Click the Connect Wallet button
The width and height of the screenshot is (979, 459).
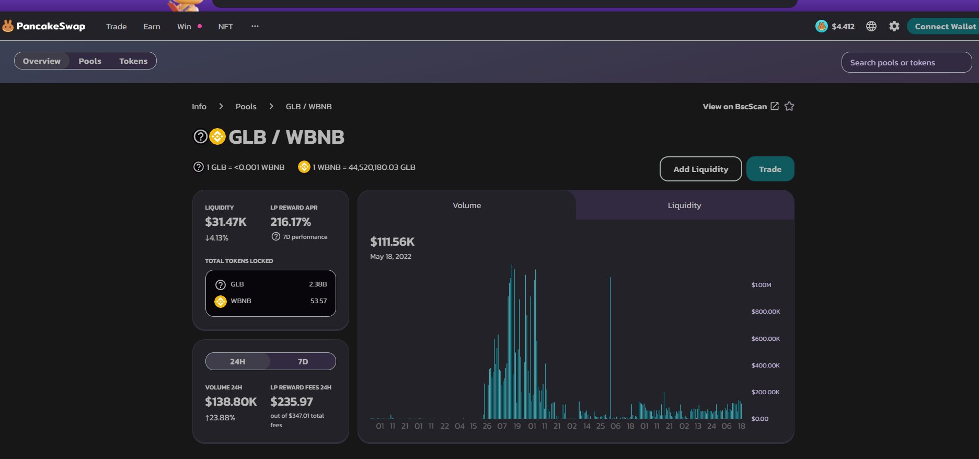coord(944,27)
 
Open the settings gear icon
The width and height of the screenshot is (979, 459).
coord(894,26)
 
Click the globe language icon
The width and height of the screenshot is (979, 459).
coord(871,26)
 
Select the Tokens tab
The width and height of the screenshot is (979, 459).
coord(133,61)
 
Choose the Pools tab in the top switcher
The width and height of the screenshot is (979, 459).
coord(90,61)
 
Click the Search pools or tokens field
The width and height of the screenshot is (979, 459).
coord(906,63)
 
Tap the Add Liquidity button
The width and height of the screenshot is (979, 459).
coord(700,169)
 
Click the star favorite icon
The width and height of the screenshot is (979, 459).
coord(789,106)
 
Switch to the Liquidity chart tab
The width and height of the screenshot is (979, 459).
coord(684,205)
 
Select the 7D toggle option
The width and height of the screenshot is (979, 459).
coord(303,362)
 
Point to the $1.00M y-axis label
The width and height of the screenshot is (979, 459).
coord(761,285)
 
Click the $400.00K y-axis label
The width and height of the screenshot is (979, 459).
coord(765,365)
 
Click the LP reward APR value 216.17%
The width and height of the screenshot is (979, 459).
coord(291,222)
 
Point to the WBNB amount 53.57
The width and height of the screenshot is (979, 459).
coord(318,301)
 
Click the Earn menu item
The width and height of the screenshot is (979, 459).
coord(152,27)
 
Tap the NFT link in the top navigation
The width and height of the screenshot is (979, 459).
coord(225,27)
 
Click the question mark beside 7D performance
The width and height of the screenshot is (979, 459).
coord(276,237)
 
